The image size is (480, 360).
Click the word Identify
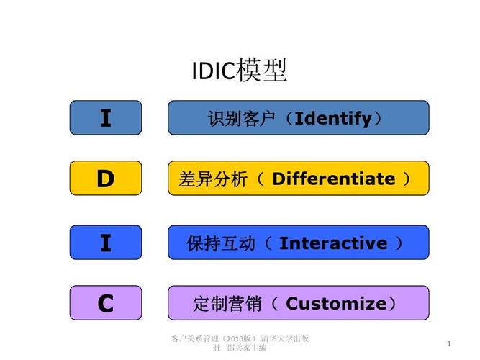(x=332, y=119)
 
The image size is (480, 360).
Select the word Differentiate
(x=334, y=179)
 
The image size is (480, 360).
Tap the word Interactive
(x=333, y=243)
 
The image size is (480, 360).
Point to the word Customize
(x=336, y=304)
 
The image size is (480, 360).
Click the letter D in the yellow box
(x=106, y=179)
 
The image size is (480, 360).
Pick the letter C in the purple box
(x=106, y=304)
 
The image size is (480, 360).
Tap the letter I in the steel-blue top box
(x=106, y=118)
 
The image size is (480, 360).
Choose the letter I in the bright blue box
(x=106, y=243)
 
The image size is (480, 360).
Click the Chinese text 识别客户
(x=241, y=119)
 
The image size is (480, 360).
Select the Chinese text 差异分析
(x=213, y=179)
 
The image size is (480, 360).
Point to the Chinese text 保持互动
(x=221, y=243)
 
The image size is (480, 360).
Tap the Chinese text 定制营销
(x=227, y=304)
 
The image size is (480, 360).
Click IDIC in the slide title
(x=214, y=71)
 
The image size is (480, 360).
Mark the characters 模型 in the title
(x=262, y=70)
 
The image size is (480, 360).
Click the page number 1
(x=449, y=343)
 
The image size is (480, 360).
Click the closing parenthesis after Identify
(x=378, y=119)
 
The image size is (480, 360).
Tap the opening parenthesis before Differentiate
(x=261, y=179)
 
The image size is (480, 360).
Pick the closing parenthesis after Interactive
(x=399, y=243)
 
